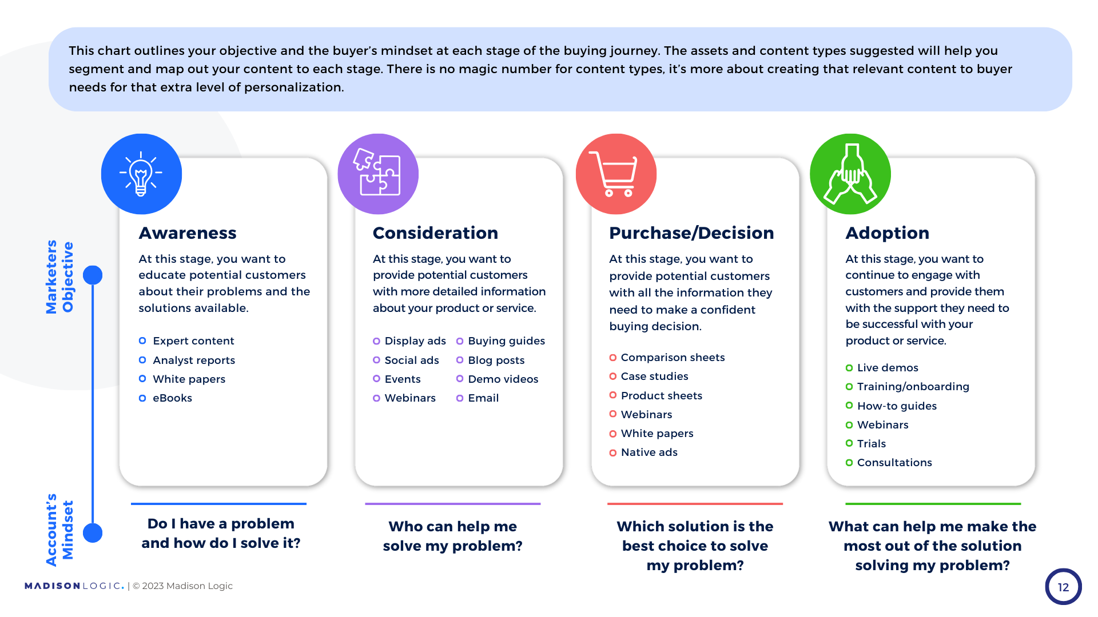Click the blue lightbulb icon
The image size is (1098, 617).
141,174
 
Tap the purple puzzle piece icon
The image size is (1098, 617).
378,174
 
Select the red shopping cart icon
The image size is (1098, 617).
616,174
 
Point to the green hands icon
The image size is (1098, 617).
850,174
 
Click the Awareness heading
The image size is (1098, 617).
188,233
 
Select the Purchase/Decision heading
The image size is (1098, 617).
691,233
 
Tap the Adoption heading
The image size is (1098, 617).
888,233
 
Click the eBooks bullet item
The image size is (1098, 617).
172,398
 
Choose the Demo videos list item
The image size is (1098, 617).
503,379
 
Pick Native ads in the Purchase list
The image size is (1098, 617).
649,452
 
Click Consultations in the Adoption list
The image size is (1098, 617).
894,463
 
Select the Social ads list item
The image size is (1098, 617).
412,360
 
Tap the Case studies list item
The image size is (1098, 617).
655,376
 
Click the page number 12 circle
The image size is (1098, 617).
1063,587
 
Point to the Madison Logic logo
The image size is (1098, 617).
74,586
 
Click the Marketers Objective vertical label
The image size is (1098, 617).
60,277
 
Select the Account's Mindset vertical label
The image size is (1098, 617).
60,530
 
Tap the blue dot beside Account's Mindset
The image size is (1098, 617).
93,533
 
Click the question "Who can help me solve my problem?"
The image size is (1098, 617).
453,536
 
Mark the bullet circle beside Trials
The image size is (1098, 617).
849,444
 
